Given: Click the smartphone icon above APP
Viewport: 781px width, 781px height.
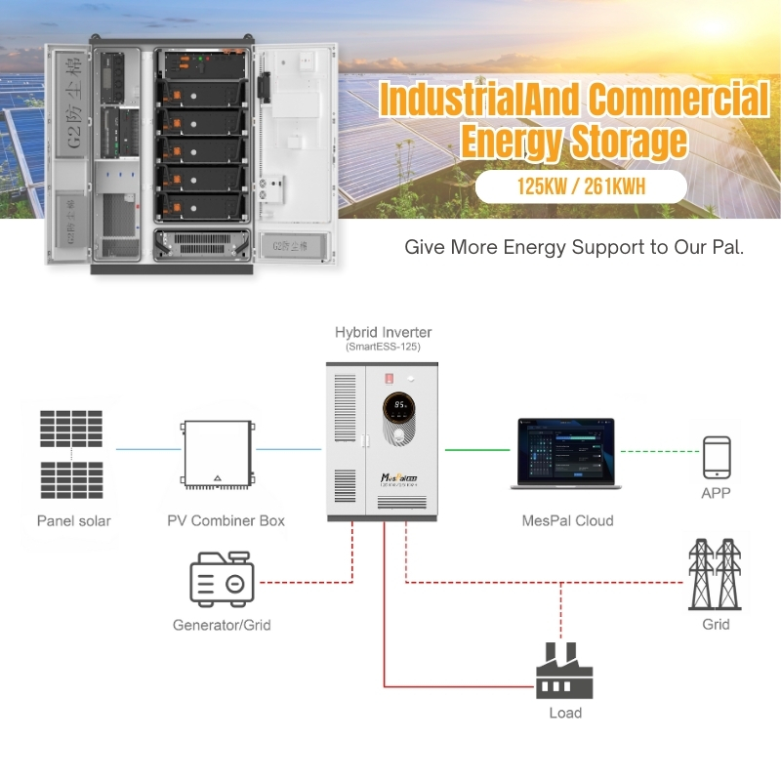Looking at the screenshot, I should [x=717, y=456].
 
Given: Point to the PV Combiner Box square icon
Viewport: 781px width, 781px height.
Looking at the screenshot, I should [x=217, y=456].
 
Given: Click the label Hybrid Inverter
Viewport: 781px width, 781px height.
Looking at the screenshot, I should [x=383, y=332].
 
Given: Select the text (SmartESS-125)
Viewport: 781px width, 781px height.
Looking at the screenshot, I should [x=383, y=348].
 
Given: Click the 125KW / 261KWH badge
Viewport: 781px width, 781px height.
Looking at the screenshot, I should [x=582, y=187].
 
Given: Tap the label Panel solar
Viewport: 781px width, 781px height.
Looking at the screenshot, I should [x=74, y=520].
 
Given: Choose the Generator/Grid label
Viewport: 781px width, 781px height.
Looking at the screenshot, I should [x=222, y=625].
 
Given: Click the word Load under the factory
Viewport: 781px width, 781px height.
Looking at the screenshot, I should [x=565, y=713].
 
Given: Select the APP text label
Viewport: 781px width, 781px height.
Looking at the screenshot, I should [x=716, y=493].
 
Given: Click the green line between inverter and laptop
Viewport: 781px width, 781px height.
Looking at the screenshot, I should [x=477, y=450].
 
